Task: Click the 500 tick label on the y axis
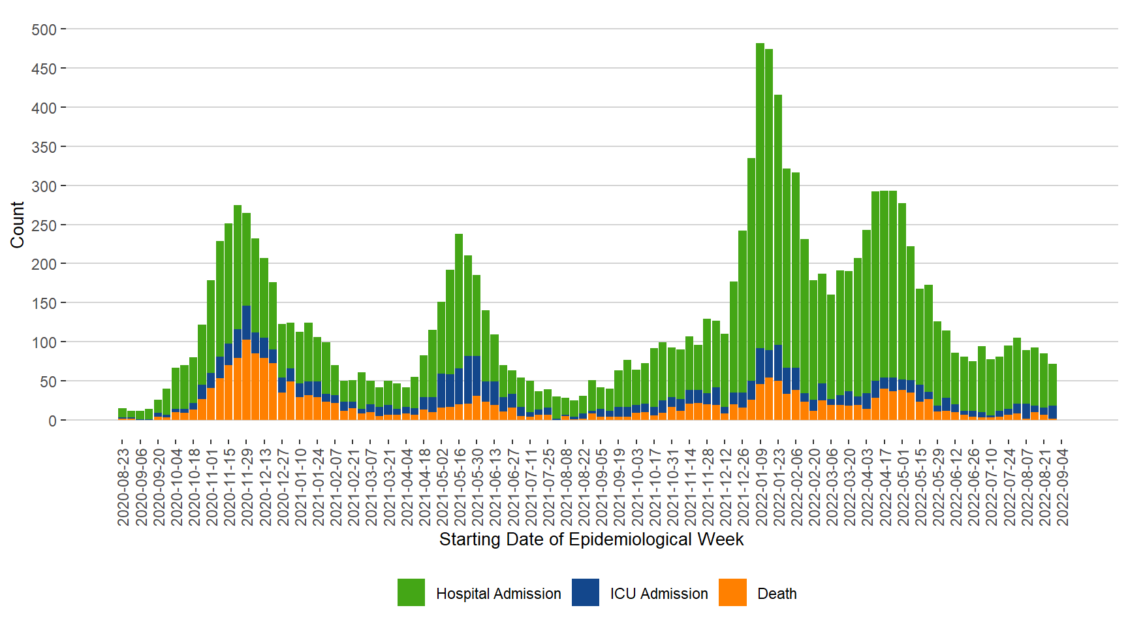click(44, 30)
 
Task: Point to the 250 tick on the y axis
click(44, 225)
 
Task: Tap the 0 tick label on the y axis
click(52, 421)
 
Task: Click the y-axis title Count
click(18, 225)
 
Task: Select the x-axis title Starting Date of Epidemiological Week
click(591, 539)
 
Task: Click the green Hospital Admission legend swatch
click(411, 592)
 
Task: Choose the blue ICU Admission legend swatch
click(586, 592)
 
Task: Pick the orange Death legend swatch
click(732, 592)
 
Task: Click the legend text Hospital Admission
click(498, 594)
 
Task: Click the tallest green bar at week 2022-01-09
click(760, 196)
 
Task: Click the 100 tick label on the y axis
click(44, 342)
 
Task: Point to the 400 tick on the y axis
click(44, 108)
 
